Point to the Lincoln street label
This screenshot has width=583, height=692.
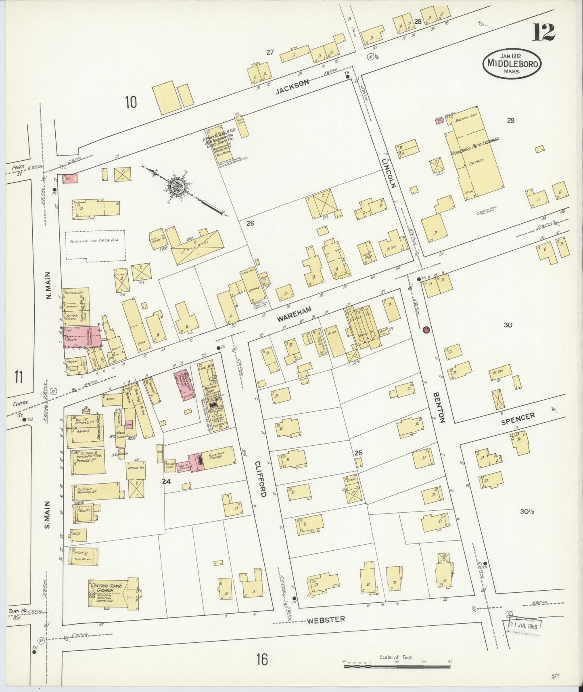pos(389,173)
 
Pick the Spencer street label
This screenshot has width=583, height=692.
pos(518,418)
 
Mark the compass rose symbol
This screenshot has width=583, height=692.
pos(177,187)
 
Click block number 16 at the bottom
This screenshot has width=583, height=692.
pos(261,660)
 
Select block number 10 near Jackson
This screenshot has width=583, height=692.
pos(130,103)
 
